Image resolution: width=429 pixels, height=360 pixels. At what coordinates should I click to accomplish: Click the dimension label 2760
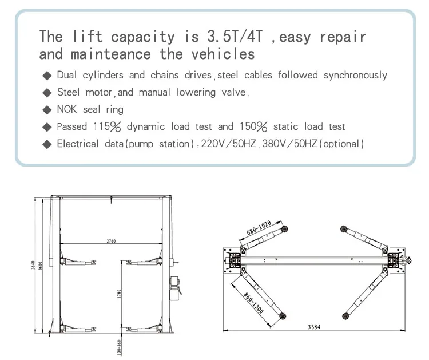pyautogui.click(x=111, y=241)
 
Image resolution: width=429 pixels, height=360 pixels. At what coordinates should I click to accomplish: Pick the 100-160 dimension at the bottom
pyautogui.click(x=119, y=347)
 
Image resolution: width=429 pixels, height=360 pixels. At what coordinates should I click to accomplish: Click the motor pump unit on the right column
pyautogui.click(x=175, y=286)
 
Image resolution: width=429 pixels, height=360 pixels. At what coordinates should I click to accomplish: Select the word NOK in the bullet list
pyautogui.click(x=67, y=109)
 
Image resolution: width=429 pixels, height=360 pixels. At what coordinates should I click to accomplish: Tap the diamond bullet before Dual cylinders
pyautogui.click(x=47, y=76)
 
